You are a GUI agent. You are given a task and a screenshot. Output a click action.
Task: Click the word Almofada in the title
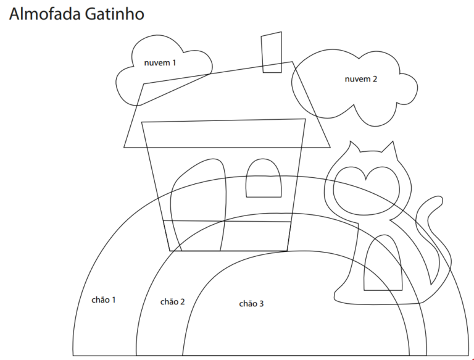tap(44, 14)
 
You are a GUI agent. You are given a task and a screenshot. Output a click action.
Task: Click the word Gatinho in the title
tap(114, 14)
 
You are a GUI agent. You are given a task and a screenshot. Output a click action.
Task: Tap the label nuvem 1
tap(160, 62)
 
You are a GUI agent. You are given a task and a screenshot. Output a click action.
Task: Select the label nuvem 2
tap(361, 79)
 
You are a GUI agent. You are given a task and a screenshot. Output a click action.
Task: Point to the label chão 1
tap(104, 300)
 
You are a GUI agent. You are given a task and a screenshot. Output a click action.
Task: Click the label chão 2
tap(172, 301)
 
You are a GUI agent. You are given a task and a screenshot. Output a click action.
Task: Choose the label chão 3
tap(251, 303)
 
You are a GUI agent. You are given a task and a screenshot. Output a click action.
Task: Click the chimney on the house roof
tap(272, 52)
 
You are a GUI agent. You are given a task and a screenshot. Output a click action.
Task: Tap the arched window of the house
tap(264, 178)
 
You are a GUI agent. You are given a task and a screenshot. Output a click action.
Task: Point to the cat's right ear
tap(390, 148)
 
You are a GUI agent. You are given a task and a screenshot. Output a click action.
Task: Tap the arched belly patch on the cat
tap(383, 262)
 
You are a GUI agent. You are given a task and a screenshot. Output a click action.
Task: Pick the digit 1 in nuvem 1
tap(174, 62)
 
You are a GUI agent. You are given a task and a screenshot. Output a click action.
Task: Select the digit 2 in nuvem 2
tap(375, 79)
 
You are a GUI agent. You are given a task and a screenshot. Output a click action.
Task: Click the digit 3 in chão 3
tap(261, 303)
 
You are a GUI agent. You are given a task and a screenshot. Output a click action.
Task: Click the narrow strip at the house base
tap(227, 236)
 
